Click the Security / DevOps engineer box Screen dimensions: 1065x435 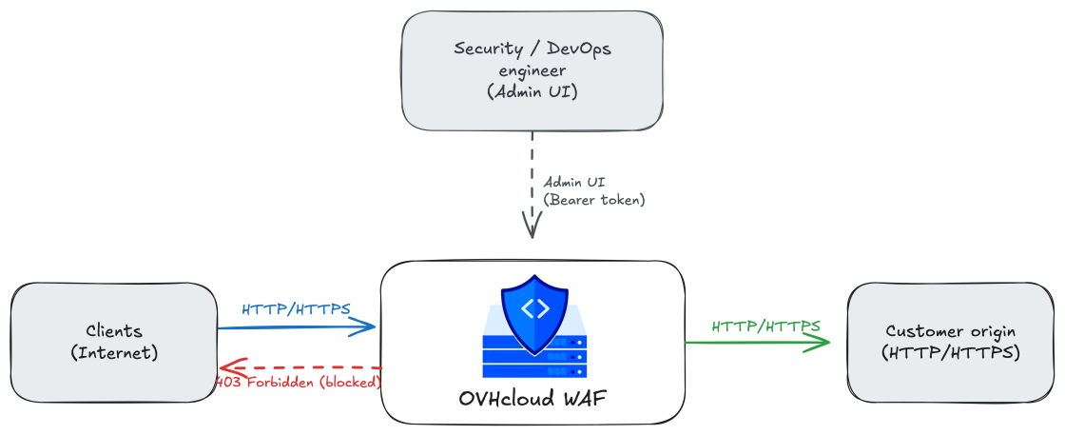[532, 70]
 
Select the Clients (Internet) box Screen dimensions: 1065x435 [114, 342]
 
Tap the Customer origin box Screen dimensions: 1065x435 [950, 343]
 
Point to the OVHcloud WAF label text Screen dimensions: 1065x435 [532, 398]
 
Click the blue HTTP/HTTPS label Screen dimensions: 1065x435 [296, 309]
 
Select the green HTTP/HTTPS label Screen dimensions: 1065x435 [766, 326]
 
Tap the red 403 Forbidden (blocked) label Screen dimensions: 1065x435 [299, 382]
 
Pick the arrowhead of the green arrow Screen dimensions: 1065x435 [822, 343]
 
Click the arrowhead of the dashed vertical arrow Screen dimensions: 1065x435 [532, 227]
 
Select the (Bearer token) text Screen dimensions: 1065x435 [593, 201]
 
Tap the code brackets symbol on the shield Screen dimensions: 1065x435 [534, 309]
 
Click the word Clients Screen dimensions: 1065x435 [114, 331]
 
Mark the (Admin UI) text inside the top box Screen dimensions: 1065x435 [532, 91]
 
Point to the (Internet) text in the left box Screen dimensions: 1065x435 [114, 353]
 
